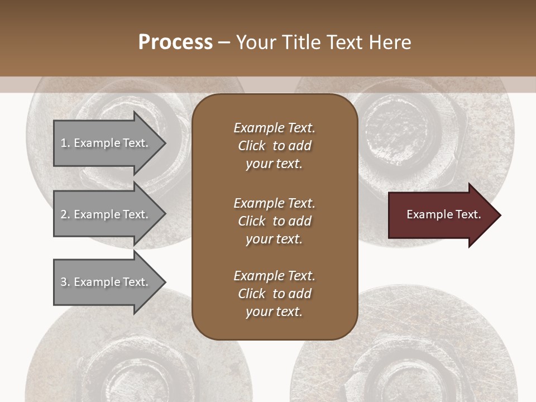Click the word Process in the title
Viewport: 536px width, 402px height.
[175, 42]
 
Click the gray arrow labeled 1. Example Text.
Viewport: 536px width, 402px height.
[106, 143]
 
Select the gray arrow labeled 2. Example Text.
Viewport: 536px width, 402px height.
[106, 214]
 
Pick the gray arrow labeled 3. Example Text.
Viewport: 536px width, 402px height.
[106, 282]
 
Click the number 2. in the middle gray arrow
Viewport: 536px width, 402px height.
[65, 214]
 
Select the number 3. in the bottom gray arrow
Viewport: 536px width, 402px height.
[65, 282]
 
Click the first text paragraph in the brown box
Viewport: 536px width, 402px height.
[274, 146]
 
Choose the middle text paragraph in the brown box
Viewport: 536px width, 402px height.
[274, 221]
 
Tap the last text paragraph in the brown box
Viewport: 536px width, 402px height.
[274, 294]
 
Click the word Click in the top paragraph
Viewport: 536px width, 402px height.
[251, 146]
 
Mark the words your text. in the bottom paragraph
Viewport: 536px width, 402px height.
[274, 312]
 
